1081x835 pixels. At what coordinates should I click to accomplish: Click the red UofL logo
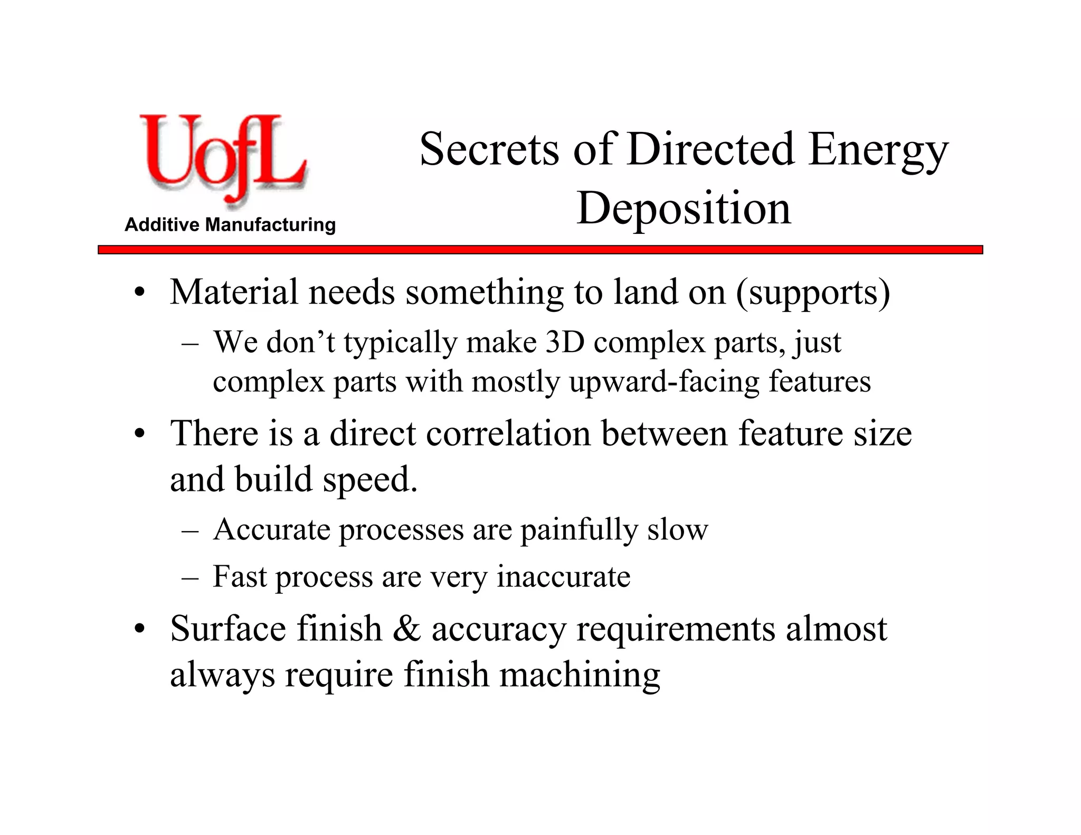(x=223, y=158)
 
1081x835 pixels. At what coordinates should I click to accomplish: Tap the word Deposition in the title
(x=684, y=208)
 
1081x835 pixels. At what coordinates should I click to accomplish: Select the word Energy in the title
(x=878, y=150)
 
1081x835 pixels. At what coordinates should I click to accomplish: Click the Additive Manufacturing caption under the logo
(x=230, y=225)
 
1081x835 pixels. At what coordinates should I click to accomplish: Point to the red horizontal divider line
(x=540, y=250)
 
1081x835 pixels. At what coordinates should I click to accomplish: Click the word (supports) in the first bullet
(x=813, y=292)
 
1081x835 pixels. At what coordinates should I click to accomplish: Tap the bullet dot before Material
(x=139, y=293)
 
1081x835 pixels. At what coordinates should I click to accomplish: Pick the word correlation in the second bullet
(x=508, y=434)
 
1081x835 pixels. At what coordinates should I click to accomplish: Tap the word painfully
(x=579, y=530)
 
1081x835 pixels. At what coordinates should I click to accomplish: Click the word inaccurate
(x=563, y=576)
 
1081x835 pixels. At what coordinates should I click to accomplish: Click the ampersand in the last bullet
(x=406, y=629)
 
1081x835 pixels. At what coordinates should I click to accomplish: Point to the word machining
(x=580, y=676)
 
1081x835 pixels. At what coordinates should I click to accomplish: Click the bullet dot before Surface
(x=139, y=630)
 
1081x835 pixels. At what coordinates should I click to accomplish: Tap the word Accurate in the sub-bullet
(x=271, y=529)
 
